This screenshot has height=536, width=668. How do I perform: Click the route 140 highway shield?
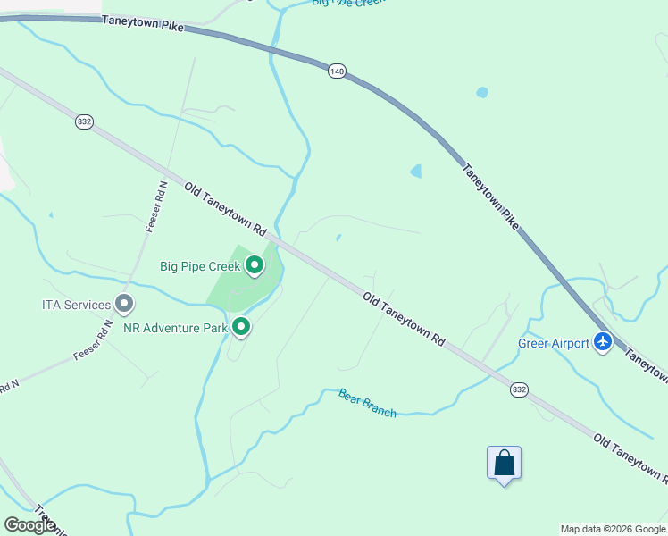[336, 71]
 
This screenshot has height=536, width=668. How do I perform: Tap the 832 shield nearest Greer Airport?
[519, 389]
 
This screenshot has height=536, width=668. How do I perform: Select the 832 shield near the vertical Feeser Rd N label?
[84, 121]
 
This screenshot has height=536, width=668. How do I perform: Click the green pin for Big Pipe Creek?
[255, 265]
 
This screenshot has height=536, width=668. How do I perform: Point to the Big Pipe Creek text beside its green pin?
[200, 266]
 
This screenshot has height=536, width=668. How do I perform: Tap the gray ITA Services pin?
[124, 305]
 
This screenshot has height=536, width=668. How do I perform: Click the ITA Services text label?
[76, 305]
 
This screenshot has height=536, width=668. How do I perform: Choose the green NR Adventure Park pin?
[241, 328]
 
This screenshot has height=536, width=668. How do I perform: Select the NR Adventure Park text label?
[175, 328]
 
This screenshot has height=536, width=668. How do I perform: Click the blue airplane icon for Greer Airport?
[603, 342]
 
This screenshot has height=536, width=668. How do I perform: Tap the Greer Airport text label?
[554, 343]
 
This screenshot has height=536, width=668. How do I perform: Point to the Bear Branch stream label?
[367, 403]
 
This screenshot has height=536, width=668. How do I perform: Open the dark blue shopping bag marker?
[504, 464]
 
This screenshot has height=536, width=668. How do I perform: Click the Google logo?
[29, 525]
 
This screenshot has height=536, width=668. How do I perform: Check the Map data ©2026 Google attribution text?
[613, 529]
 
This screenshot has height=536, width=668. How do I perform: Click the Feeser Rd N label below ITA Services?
[93, 339]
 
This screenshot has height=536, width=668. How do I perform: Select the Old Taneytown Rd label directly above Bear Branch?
[404, 317]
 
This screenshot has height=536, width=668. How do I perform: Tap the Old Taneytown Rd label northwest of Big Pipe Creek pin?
[226, 209]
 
